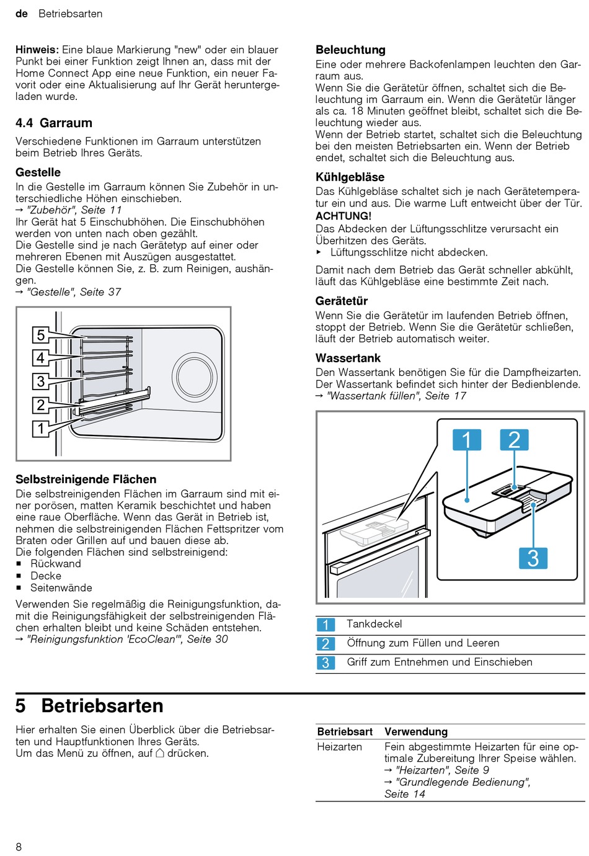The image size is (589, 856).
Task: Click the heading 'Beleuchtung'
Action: coord(350,50)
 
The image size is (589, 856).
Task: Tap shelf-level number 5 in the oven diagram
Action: coord(41,336)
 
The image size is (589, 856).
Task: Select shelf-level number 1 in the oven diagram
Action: coord(41,428)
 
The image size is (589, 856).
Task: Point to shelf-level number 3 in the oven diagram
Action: coord(41,381)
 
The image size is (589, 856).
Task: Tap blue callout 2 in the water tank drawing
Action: coord(514,440)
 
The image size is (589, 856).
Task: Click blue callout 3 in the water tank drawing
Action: coord(533,558)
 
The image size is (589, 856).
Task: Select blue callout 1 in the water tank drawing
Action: coord(466,440)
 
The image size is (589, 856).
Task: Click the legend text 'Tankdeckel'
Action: coord(374,624)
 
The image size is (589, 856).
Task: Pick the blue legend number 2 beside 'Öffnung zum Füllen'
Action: coord(325,644)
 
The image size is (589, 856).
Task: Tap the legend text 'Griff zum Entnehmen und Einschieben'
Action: coord(439,662)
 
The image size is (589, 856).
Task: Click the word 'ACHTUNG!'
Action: coord(343,216)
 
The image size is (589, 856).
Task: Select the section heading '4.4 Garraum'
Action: coord(54,123)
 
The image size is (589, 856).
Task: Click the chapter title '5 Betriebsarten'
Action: coord(90,706)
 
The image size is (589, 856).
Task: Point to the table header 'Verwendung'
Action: coord(415,732)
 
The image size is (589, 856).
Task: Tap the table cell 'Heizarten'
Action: coord(339,747)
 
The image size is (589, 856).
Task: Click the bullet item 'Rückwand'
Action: coord(56,564)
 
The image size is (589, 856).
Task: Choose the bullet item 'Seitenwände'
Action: coord(61,587)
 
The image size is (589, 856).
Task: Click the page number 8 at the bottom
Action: coord(19,847)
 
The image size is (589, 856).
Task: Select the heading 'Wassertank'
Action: coord(348,358)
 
